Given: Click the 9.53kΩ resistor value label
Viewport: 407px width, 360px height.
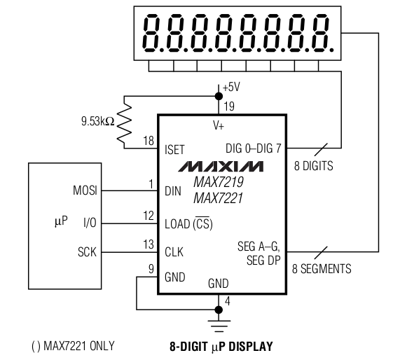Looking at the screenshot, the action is pyautogui.click(x=98, y=121).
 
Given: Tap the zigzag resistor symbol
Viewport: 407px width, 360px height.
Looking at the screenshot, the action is pyautogui.click(x=124, y=123).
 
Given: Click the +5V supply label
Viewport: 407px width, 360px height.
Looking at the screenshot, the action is pyautogui.click(x=231, y=87).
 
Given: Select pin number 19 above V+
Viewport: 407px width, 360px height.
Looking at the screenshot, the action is pyautogui.click(x=229, y=106).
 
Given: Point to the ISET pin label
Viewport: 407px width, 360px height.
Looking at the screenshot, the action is pyautogui.click(x=174, y=150).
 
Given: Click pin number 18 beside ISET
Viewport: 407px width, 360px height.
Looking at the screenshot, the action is pyautogui.click(x=149, y=141).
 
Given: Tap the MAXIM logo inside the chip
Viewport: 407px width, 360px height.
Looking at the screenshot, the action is pyautogui.click(x=221, y=167).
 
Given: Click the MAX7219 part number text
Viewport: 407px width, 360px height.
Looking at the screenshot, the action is pyautogui.click(x=219, y=182).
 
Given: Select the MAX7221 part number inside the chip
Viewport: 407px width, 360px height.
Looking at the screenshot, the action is pyautogui.click(x=218, y=198).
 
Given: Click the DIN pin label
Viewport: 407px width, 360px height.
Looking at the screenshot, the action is pyautogui.click(x=173, y=191).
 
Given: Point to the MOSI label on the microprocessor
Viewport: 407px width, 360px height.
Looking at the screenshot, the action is pyautogui.click(x=85, y=191).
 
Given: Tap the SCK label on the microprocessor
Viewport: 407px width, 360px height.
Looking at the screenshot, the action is pyautogui.click(x=87, y=252).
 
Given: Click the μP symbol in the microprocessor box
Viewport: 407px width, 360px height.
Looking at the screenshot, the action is pyautogui.click(x=61, y=221).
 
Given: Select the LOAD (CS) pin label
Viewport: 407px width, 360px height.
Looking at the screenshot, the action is pyautogui.click(x=188, y=223).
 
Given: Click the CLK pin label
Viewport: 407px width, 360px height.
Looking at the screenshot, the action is pyautogui.click(x=174, y=252).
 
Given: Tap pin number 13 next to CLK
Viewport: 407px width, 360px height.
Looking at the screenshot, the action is pyautogui.click(x=149, y=244).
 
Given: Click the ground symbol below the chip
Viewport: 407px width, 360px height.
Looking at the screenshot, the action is pyautogui.click(x=219, y=326).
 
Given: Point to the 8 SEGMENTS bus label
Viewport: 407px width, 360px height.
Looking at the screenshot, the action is pyautogui.click(x=322, y=269).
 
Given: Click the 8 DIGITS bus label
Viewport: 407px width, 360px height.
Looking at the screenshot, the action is pyautogui.click(x=314, y=166).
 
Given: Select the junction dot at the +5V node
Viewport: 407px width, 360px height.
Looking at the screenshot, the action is pyautogui.click(x=219, y=96).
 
